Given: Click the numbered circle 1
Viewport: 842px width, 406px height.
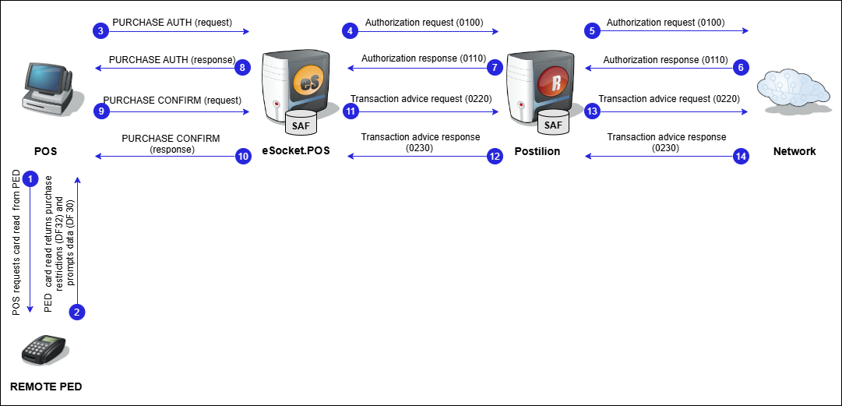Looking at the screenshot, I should coord(30,179).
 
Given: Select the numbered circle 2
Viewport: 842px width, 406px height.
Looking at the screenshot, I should coord(76,312).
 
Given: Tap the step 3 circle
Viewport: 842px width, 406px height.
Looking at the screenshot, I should coord(100,31).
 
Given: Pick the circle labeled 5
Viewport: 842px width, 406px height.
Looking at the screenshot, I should coord(592,31).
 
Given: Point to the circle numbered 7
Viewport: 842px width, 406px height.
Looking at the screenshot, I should coord(495,68).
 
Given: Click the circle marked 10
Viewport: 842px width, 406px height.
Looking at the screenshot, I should coord(243,157).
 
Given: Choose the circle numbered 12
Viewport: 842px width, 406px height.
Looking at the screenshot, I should coord(495,157).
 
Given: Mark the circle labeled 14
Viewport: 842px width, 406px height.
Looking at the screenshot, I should coord(741,157).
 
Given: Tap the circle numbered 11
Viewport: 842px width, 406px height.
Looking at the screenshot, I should coord(351,111).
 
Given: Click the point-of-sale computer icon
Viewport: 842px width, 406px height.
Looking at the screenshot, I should coord(51,88).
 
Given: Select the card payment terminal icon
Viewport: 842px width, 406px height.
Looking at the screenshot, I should coord(44,350).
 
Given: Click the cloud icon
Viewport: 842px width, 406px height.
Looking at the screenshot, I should coord(793,88).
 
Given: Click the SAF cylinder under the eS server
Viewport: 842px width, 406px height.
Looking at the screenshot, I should coord(301,123).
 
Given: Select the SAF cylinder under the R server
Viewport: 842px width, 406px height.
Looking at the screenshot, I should coord(553,122).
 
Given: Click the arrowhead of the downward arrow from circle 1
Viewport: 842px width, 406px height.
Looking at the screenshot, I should coord(30,309).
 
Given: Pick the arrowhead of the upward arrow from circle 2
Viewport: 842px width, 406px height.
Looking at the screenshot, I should coord(77,180).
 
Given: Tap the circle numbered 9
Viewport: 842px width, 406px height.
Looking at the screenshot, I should coord(100,111).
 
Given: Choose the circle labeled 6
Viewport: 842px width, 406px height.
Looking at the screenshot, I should coord(741,68).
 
